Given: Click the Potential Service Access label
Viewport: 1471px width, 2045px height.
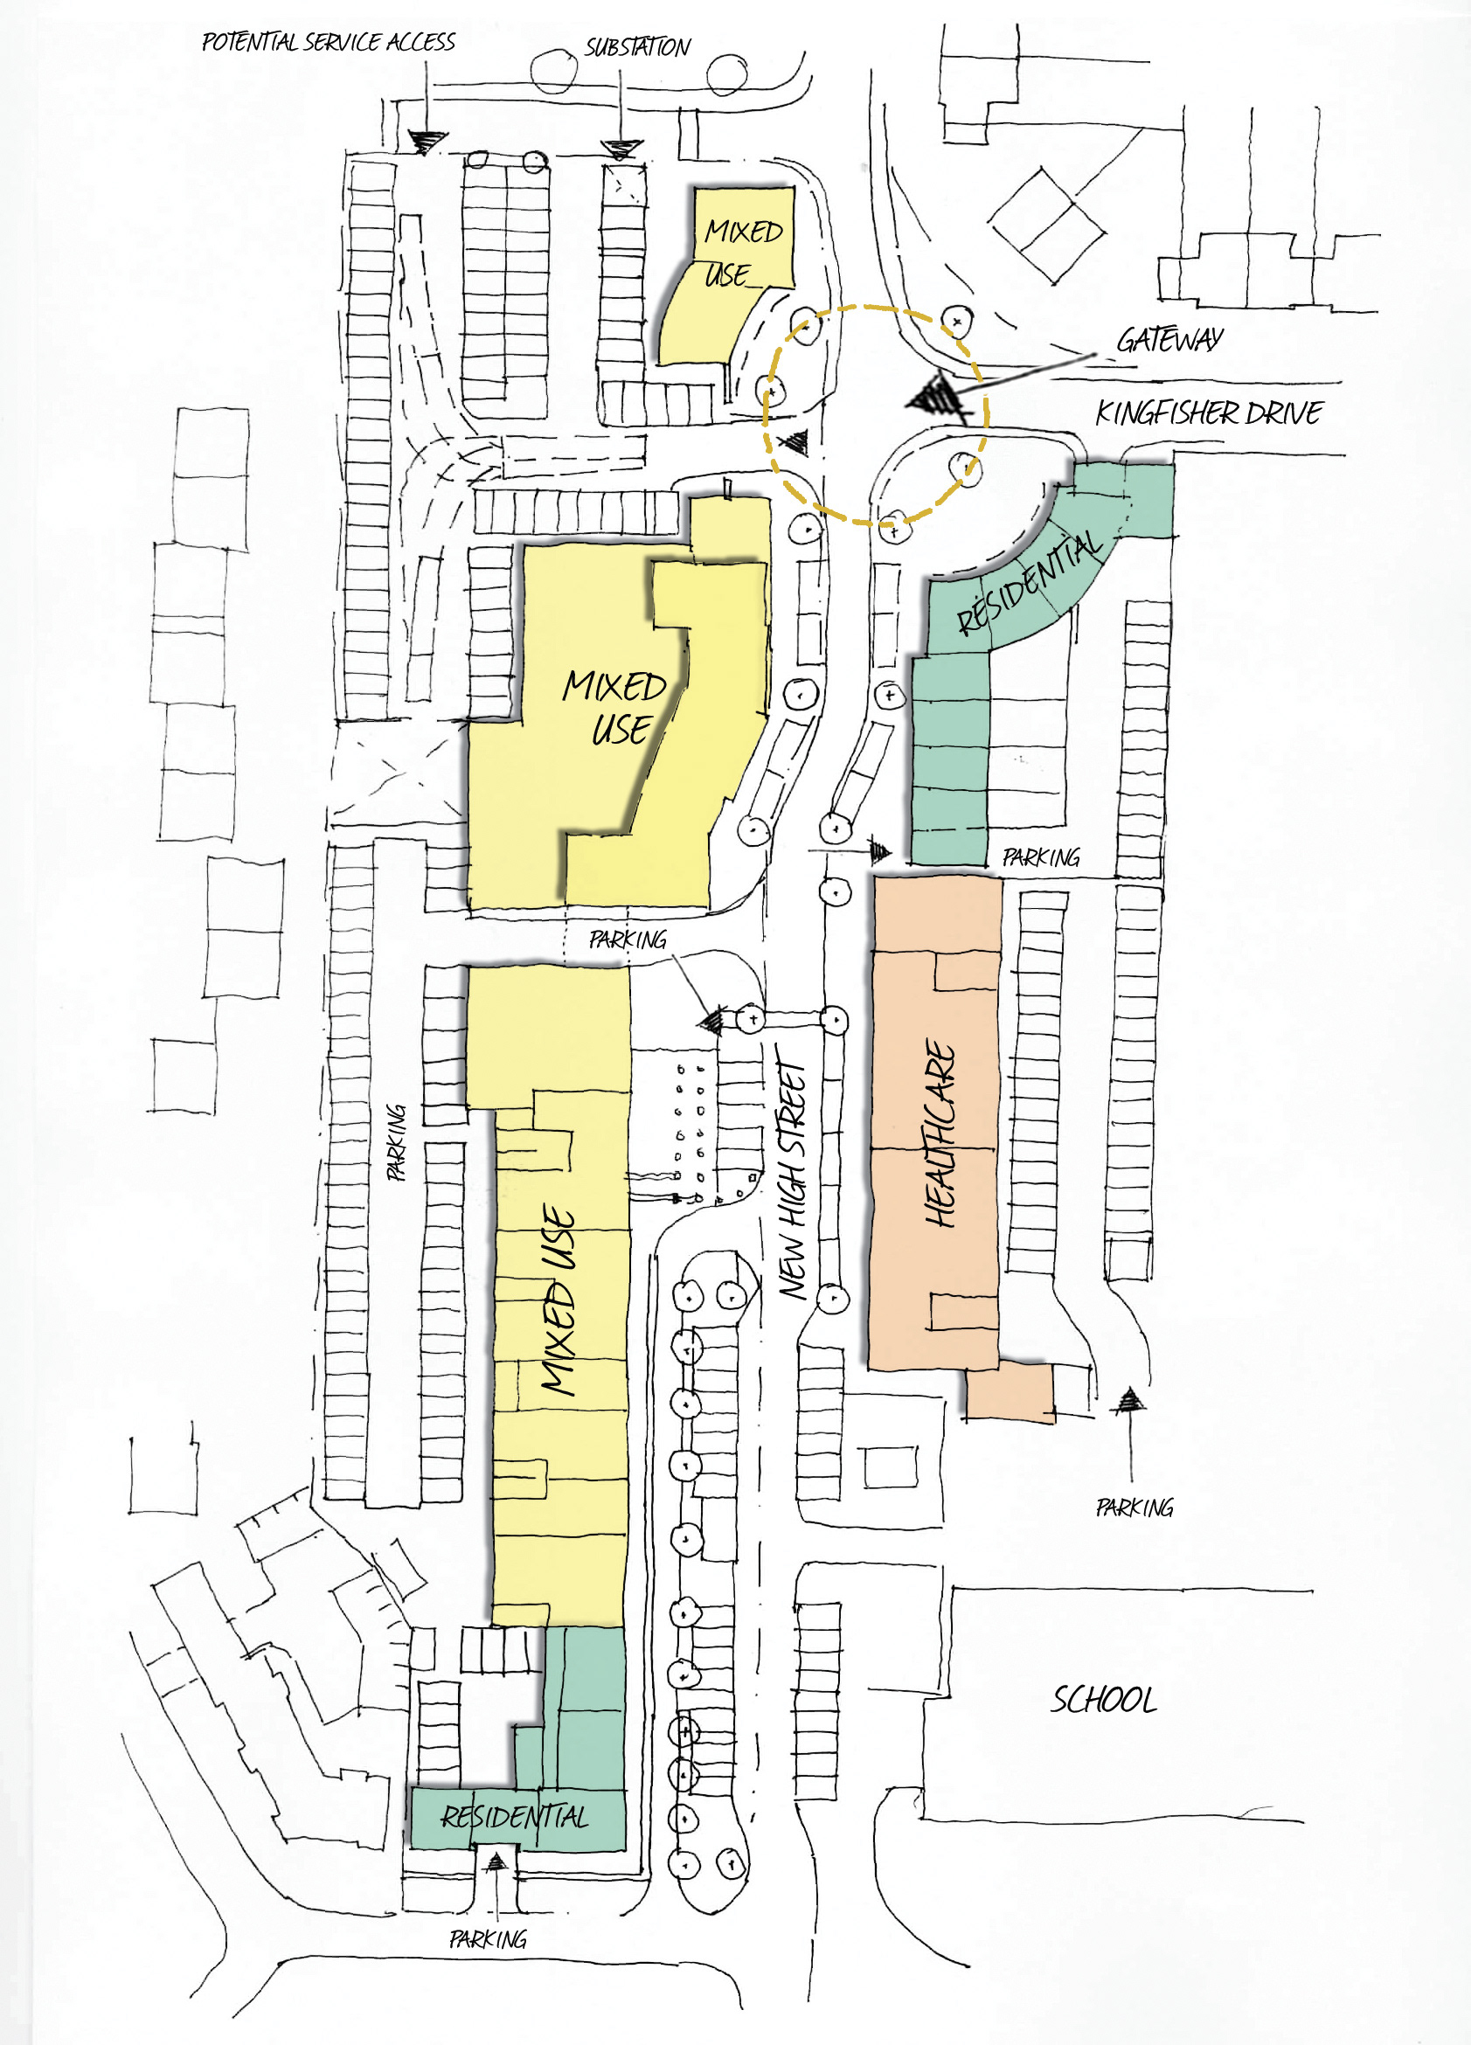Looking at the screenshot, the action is [x=329, y=42].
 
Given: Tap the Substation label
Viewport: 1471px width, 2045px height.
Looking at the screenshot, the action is [x=637, y=47].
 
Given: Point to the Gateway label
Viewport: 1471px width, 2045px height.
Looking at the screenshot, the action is [x=1169, y=339].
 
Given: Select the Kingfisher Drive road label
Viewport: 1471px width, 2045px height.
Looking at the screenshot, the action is [x=1209, y=413].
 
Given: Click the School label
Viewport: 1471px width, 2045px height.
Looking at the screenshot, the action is [x=1104, y=1700].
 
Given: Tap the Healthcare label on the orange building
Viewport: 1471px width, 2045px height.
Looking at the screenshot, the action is [x=940, y=1133].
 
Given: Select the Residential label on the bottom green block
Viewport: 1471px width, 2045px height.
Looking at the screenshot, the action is [x=514, y=1816].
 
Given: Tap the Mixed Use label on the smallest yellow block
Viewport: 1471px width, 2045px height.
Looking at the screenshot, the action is [x=741, y=253].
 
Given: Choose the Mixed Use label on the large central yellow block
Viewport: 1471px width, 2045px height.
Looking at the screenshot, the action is [x=614, y=708].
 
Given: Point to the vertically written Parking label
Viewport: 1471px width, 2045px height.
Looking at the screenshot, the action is [x=396, y=1142].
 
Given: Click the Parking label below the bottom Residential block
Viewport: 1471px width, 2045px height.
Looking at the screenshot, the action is [x=488, y=1938].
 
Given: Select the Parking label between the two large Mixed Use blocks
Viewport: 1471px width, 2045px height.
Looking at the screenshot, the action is [x=628, y=939].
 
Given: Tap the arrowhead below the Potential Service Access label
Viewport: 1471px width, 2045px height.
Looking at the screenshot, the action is [x=427, y=142].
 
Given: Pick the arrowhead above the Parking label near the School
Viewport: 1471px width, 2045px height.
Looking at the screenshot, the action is [x=1128, y=1400].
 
